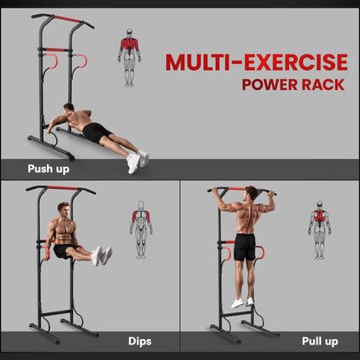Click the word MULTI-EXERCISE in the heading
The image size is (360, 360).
click(256, 62)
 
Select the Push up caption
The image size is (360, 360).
click(49, 169)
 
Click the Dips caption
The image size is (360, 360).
click(141, 341)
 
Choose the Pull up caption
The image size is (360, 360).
click(320, 341)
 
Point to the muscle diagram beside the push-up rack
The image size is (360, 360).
click(129, 61)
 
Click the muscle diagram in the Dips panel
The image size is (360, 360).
click(140, 229)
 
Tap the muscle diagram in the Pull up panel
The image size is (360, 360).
click(319, 229)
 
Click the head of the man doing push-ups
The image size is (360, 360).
click(68, 111)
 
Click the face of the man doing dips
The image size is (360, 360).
click(64, 210)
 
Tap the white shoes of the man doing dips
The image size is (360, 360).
click(103, 255)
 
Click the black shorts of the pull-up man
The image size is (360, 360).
click(245, 247)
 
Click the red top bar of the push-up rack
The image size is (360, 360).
click(66, 19)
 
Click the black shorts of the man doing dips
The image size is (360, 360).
click(63, 250)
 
